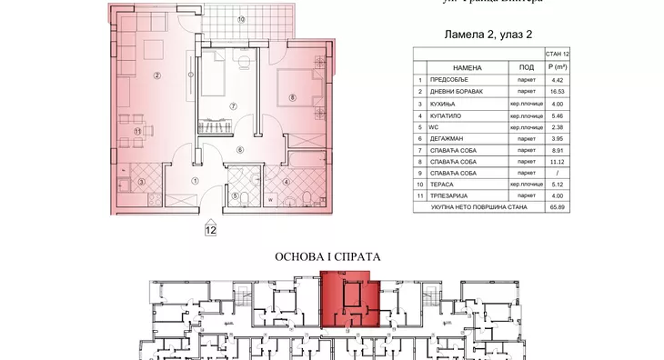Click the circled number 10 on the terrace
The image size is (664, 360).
pos(241,19)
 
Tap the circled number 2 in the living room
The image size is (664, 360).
pos(156,75)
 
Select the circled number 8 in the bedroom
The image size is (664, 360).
pos(292,97)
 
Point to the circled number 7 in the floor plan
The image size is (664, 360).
pos(233,106)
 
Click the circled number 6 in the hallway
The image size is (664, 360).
pos(240,150)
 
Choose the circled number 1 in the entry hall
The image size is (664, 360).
pos(195,180)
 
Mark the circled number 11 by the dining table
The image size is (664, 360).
pos(137,133)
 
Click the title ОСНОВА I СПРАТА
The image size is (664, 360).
pos(327,257)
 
